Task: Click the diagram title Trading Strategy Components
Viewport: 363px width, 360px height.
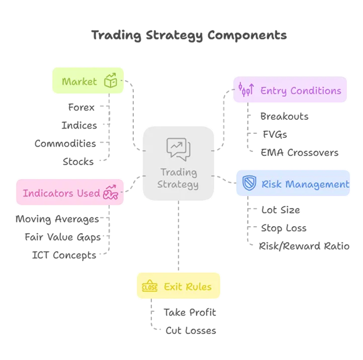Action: coord(188,35)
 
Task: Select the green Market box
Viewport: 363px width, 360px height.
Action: coord(87,81)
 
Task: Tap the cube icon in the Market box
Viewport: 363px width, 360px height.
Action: coord(110,81)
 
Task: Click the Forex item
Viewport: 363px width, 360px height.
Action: coord(81,107)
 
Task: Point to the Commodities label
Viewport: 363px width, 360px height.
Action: coord(65,143)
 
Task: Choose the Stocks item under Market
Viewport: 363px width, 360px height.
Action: coord(78,161)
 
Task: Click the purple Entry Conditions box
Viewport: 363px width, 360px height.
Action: coord(290,90)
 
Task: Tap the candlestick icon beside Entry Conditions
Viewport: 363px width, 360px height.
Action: coord(245,90)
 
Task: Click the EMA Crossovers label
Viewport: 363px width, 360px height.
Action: coord(299,152)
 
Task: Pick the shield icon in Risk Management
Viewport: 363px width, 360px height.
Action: coord(249,184)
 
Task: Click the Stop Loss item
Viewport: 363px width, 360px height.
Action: coord(284,227)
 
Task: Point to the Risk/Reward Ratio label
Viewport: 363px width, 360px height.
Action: coord(304,245)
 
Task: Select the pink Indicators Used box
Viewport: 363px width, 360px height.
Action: coord(69,193)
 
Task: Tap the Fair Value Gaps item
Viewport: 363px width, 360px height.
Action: coord(62,237)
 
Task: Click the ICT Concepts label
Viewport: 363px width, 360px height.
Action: coord(64,255)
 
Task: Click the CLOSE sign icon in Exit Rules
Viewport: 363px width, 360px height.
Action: coord(150,287)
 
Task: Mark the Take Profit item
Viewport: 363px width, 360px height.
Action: coord(190,312)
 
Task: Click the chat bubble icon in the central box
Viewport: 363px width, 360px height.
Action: coord(178,149)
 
